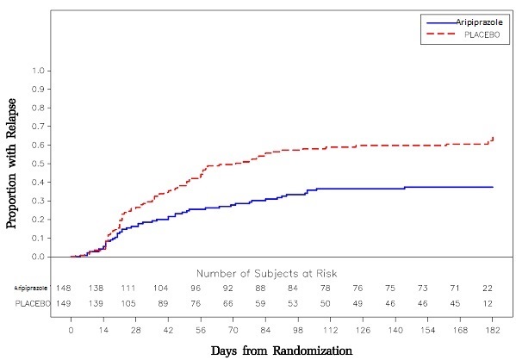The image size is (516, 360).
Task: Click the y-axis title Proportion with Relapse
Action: coord(14,164)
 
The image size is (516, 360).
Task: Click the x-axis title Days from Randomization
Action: coord(281,351)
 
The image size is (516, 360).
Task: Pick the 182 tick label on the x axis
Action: coord(493,329)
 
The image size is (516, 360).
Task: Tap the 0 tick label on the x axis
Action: coord(71,329)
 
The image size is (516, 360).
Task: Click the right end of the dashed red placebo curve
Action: coord(493,137)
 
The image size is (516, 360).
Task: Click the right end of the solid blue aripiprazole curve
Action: coord(493,187)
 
